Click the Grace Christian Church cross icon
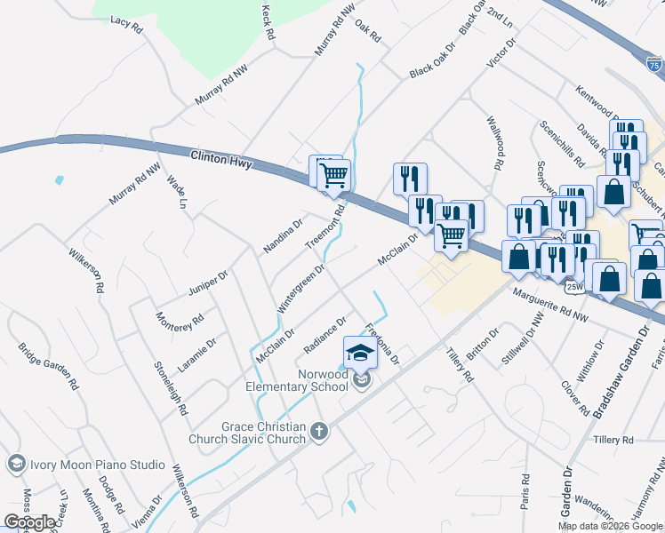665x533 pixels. (318, 433)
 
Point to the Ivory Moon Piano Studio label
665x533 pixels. (98, 465)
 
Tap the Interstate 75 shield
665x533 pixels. (653, 64)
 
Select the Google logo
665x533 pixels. (29, 522)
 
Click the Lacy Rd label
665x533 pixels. (126, 24)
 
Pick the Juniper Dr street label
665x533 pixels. (209, 283)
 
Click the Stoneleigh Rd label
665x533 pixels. (170, 388)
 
